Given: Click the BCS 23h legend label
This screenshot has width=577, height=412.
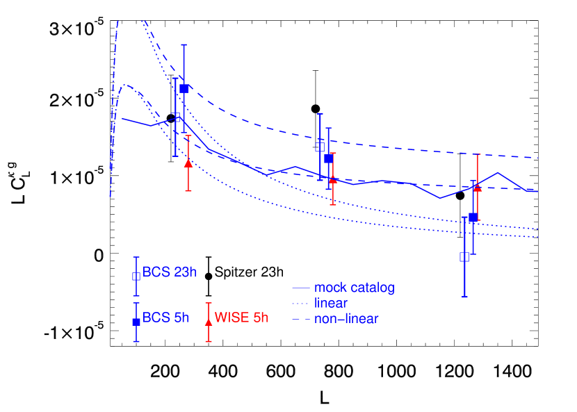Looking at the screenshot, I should pyautogui.click(x=169, y=272).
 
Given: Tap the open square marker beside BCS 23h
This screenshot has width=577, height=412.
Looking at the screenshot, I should pyautogui.click(x=136, y=276).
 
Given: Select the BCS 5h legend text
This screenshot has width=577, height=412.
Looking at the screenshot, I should pyautogui.click(x=165, y=318).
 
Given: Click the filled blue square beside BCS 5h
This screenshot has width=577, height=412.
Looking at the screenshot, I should pyautogui.click(x=136, y=322).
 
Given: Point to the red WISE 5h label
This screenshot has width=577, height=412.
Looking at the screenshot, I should pyautogui.click(x=241, y=318).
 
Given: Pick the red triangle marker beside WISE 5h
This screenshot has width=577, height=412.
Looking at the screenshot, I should pyautogui.click(x=209, y=322).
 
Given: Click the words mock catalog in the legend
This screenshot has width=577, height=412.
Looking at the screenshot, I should pyautogui.click(x=355, y=288).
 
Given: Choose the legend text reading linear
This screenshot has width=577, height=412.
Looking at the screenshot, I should pyautogui.click(x=331, y=304).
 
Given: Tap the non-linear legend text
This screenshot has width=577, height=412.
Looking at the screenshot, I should pyautogui.click(x=346, y=320).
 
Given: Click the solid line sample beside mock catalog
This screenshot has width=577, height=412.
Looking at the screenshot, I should pyautogui.click(x=300, y=288).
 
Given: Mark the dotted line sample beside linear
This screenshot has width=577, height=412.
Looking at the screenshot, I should pyautogui.click(x=300, y=304).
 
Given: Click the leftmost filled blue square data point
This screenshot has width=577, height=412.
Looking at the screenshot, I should pyautogui.click(x=184, y=88).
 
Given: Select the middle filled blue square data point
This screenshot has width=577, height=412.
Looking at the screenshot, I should pyautogui.click(x=329, y=158).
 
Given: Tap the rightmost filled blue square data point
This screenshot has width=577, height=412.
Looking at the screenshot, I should pyautogui.click(x=473, y=217).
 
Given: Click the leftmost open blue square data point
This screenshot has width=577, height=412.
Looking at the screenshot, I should pyautogui.click(x=177, y=117).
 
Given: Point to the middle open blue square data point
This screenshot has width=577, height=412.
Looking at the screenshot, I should pyautogui.click(x=320, y=147).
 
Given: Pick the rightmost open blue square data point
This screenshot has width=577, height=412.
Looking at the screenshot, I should pyautogui.click(x=464, y=257).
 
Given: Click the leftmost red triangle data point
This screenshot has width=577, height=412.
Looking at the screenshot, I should pyautogui.click(x=188, y=163).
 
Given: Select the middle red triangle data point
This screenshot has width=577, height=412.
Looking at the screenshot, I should pyautogui.click(x=333, y=180).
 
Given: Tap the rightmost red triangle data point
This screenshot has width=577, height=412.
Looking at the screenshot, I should pyautogui.click(x=478, y=187).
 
